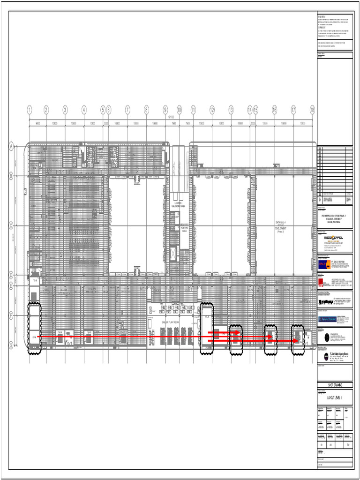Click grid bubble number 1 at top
pyautogui.click(x=30, y=110)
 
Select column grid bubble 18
pyautogui.click(x=312, y=110)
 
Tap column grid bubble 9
pyautogui.click(x=165, y=110)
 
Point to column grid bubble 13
pyautogui.click(x=231, y=110)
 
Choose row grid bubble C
pyautogui.click(x=11, y=225)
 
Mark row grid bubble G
pyautogui.click(x=11, y=345)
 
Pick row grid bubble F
pyautogui.click(x=11, y=316)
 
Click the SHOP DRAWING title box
pyautogui.click(x=335, y=384)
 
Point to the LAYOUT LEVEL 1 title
pyautogui.click(x=335, y=399)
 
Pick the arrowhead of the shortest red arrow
pyautogui.click(x=239, y=332)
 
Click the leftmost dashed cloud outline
pyautogui.click(x=34, y=327)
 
